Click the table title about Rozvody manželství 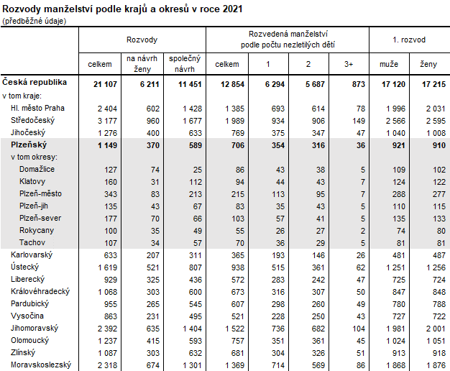[x=121, y=9]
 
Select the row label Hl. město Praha [x=37, y=108]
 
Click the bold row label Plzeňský [x=30, y=145]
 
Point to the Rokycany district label [x=38, y=230]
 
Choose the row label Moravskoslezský [x=40, y=365]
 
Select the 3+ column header [x=348, y=64]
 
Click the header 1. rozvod [x=408, y=39]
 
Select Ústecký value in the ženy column [x=427, y=267]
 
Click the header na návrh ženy [x=141, y=64]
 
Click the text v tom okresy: [x=34, y=157]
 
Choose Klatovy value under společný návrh [x=190, y=182]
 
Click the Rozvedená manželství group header [x=288, y=39]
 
